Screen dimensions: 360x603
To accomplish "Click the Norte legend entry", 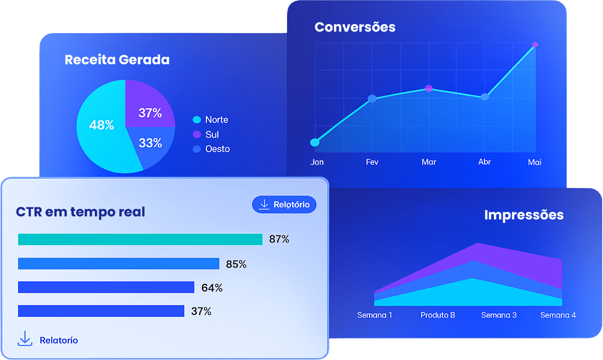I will [211, 120].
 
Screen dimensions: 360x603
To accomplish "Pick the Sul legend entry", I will [206, 135].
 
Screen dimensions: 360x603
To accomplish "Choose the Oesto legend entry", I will [211, 149].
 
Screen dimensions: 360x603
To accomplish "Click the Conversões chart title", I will [355, 27].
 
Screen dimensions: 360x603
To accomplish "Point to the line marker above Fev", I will [372, 98].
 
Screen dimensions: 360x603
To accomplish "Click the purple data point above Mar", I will [428, 88].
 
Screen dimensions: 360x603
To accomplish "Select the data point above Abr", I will [485, 97].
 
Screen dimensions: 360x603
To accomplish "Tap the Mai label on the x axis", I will [535, 162].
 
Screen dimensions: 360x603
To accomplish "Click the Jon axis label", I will [317, 162].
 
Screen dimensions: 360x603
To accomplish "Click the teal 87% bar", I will [140, 239].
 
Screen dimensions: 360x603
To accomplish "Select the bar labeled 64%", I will [106, 287].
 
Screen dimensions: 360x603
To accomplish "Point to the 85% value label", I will [236, 264].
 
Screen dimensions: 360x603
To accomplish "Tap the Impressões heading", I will [524, 215].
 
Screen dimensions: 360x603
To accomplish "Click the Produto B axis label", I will [438, 315].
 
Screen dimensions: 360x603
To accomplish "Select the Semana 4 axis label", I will [558, 315].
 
